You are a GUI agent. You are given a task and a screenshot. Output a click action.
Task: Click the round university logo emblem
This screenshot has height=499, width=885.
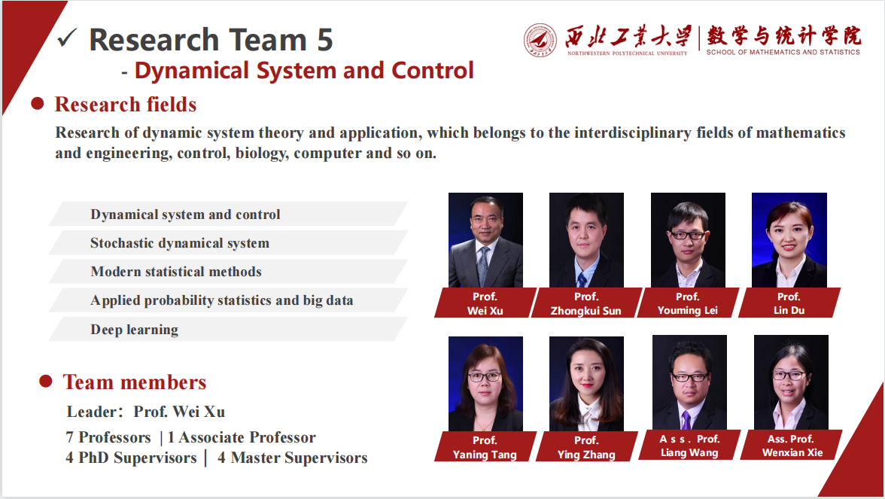coord(540,39)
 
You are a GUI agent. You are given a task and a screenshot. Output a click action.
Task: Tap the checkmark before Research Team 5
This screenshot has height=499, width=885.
coord(68,38)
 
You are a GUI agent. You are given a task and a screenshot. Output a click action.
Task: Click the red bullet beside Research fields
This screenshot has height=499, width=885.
coord(37,104)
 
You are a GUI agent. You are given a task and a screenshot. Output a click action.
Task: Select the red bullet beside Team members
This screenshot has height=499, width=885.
coord(45,382)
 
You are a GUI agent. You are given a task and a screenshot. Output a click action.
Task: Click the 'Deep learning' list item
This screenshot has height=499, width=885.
coord(135,330)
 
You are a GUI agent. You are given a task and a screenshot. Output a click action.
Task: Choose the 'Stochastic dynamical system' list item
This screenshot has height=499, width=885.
coord(180,243)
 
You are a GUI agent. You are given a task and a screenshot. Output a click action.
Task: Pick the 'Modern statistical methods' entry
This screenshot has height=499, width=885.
coord(176,272)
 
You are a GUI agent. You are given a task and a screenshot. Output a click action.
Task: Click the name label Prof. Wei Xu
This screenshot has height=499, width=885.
coord(485,303)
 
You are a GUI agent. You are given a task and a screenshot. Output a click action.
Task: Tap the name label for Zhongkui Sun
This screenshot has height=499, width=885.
coord(586,303)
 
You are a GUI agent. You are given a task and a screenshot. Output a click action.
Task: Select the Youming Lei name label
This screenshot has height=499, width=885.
coord(688,303)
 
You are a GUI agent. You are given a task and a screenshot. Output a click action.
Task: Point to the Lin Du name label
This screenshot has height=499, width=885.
coord(789,303)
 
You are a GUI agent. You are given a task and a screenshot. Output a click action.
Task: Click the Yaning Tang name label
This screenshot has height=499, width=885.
coord(485,447)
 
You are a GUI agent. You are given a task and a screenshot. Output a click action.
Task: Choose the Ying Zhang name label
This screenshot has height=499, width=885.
coord(586,447)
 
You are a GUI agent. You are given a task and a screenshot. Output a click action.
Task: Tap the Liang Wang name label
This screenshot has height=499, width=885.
coord(689,446)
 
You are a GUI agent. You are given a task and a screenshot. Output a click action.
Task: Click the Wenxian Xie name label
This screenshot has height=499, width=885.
coord(792,446)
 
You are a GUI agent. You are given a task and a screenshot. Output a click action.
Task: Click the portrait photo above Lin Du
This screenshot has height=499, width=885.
coord(789,239)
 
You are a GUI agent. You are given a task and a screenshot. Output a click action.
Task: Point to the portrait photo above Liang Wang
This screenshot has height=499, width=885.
coord(689,382)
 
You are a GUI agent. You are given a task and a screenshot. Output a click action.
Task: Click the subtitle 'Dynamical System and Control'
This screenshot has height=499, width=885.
coord(304,71)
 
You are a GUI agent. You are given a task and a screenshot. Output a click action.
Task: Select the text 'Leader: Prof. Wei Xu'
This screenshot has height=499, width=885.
coord(146,412)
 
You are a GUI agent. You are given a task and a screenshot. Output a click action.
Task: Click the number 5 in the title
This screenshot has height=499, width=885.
coord(324,39)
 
